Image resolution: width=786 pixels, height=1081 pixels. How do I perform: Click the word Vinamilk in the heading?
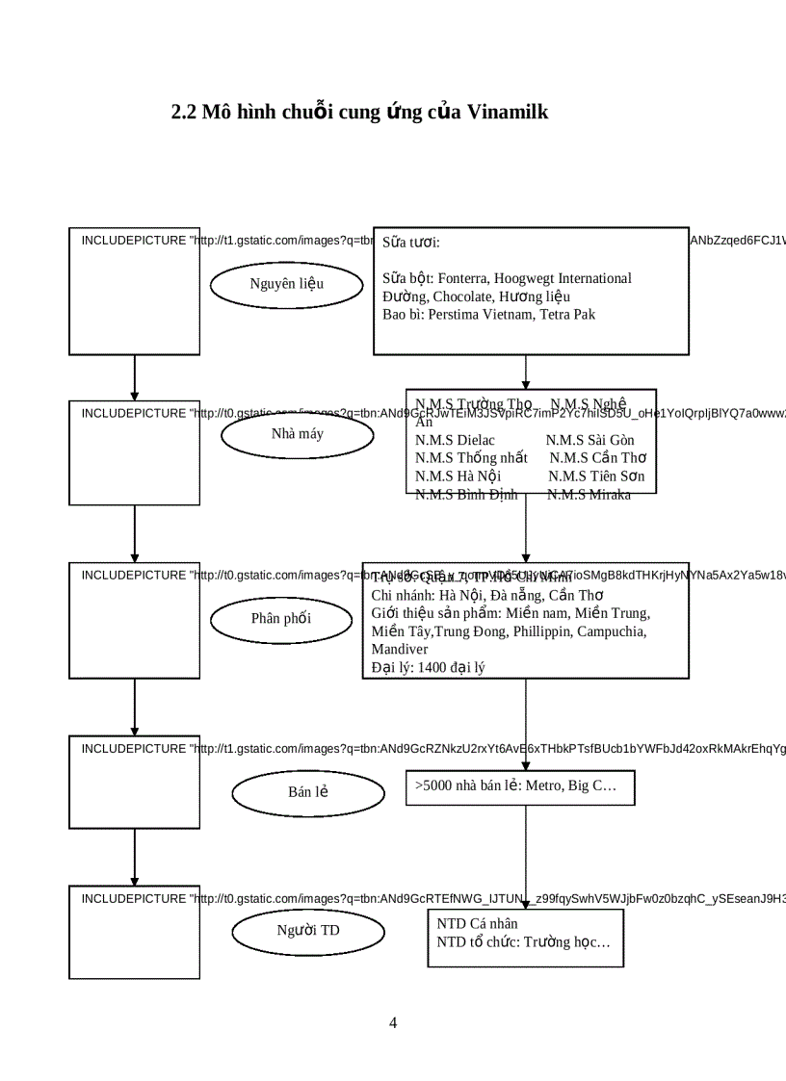click(x=508, y=112)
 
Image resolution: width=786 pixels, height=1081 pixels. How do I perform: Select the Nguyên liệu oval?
click(x=286, y=283)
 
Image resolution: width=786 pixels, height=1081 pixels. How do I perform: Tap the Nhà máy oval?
click(x=297, y=433)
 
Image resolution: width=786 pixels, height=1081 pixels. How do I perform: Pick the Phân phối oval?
click(x=280, y=618)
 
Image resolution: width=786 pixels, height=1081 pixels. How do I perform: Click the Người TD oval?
click(x=307, y=930)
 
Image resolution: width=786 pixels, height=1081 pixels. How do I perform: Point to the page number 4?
click(x=393, y=1022)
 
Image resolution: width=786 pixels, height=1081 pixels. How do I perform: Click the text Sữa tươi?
click(x=410, y=242)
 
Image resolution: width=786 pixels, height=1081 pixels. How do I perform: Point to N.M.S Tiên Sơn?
click(x=596, y=476)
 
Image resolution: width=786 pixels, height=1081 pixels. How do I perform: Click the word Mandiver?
click(x=400, y=649)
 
